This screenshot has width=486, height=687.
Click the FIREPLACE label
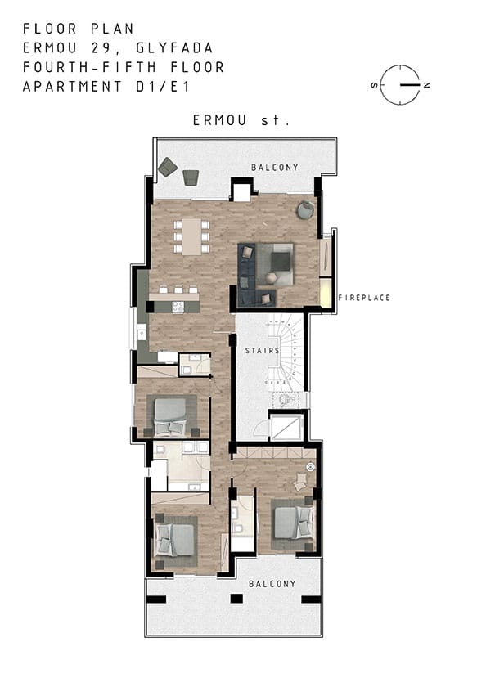tap(364, 298)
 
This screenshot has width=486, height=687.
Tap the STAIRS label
tap(262, 351)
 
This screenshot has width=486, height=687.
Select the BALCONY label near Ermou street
tap(275, 168)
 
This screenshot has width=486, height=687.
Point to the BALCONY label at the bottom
tap(272, 584)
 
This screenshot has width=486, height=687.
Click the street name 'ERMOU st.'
tap(241, 120)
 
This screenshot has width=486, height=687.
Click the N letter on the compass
tap(426, 85)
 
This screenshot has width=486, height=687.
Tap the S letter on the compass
tap(374, 85)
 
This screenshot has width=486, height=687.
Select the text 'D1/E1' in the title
tap(163, 87)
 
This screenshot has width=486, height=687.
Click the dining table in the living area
tap(191, 236)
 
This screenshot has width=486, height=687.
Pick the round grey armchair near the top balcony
tap(305, 209)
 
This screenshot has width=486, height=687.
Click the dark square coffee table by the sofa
tap(281, 262)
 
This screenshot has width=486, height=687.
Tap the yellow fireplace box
tap(326, 293)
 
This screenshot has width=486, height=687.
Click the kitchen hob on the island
tap(178, 307)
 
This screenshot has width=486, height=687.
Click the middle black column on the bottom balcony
tap(236, 598)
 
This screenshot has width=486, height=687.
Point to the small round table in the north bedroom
tap(310, 467)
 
